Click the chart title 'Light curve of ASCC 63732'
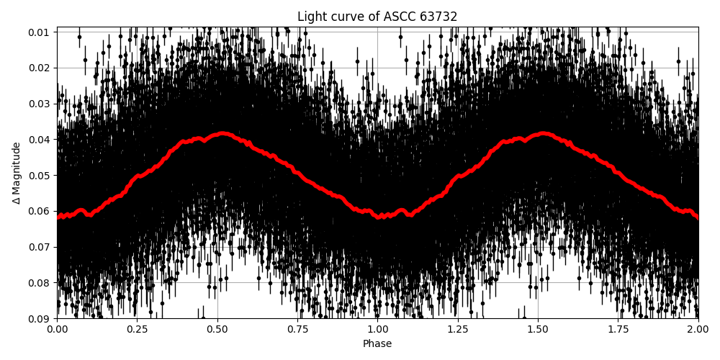pyautogui.click(x=377, y=17)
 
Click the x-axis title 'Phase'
pyautogui.click(x=377, y=344)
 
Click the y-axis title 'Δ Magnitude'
pyautogui.click(x=17, y=173)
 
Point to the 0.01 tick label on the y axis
pyautogui.click(x=40, y=32)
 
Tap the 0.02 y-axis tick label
pyautogui.click(x=40, y=68)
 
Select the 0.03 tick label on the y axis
pyautogui.click(x=40, y=104)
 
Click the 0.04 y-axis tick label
pyautogui.click(x=40, y=139)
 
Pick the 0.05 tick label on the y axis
pyautogui.click(x=40, y=175)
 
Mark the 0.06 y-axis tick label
pyautogui.click(x=40, y=211)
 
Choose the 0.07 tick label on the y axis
pyautogui.click(x=40, y=247)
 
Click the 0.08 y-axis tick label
pyautogui.click(x=40, y=282)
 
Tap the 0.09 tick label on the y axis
pyautogui.click(x=40, y=318)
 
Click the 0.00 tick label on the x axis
pyautogui.click(x=57, y=330)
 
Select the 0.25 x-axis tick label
pyautogui.click(x=137, y=330)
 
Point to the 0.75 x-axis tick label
pyautogui.click(x=297, y=330)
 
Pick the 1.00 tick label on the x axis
pyautogui.click(x=377, y=330)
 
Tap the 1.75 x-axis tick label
pyautogui.click(x=618, y=330)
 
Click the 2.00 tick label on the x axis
pyautogui.click(x=698, y=330)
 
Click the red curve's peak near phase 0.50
pyautogui.click(x=222, y=133)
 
